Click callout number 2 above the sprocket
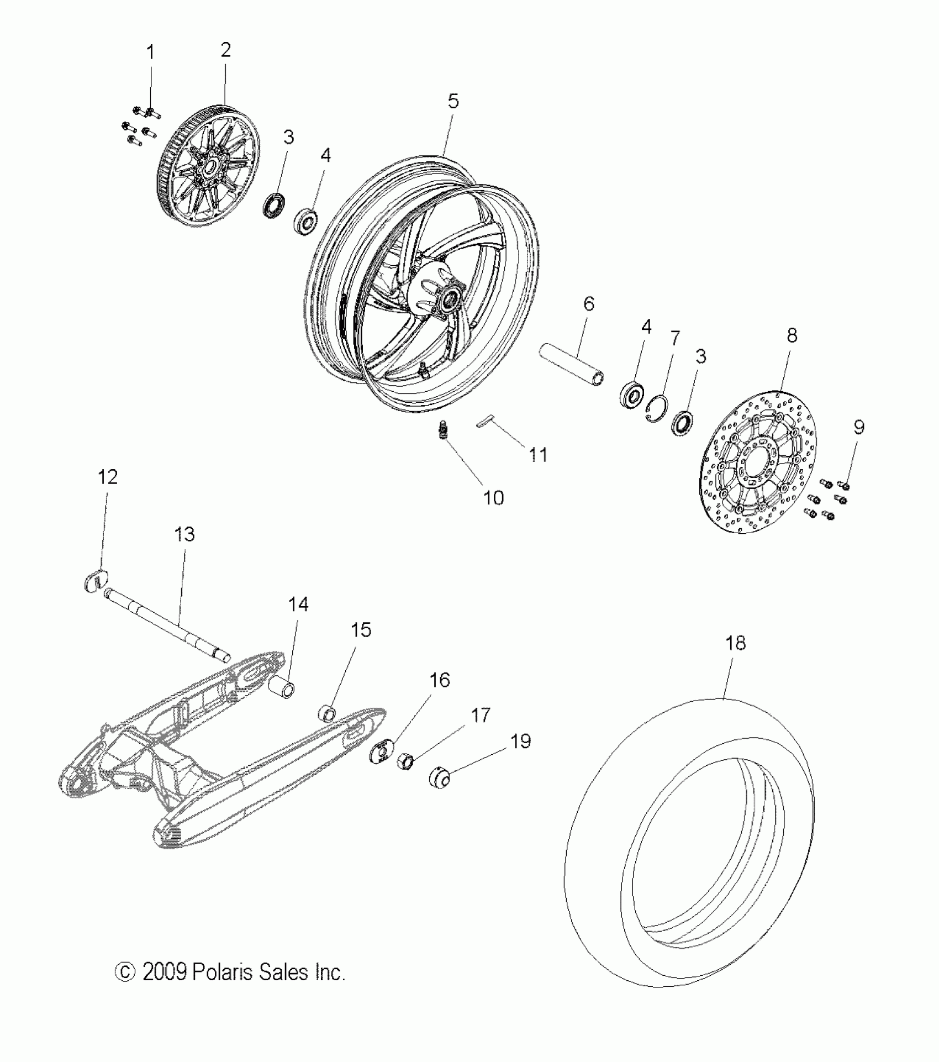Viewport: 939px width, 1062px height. click(225, 50)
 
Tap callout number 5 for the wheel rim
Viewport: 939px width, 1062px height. click(453, 101)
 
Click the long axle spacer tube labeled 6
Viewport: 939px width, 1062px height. click(572, 365)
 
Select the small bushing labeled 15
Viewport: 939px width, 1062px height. click(328, 713)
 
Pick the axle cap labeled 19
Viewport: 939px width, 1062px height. click(440, 780)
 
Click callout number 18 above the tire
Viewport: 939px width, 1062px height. click(736, 643)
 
